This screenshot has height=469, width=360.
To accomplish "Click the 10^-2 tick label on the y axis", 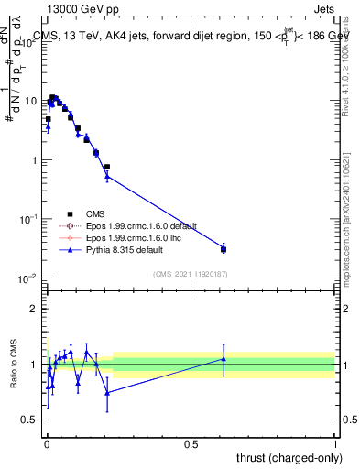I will point(28,278).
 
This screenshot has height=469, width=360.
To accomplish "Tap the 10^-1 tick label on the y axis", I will point(28,219).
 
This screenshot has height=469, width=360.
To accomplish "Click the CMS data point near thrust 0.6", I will point(224,249).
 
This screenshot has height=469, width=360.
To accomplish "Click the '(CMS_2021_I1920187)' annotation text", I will point(189,273).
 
